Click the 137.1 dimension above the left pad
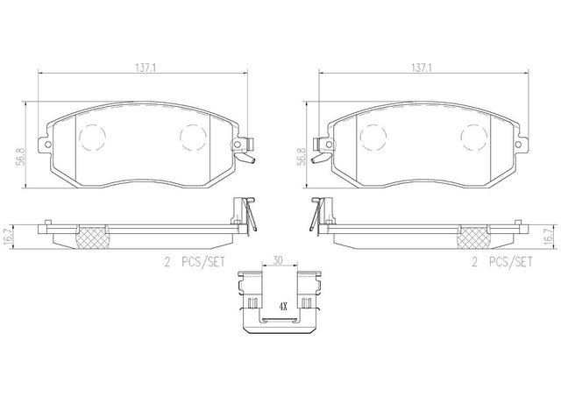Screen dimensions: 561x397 [145, 67]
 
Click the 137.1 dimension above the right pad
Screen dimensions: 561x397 [422, 67]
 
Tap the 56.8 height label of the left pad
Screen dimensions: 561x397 [21, 157]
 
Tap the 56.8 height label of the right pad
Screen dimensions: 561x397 [302, 157]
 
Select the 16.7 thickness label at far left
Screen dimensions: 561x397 [10, 237]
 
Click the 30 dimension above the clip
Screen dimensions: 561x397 [278, 260]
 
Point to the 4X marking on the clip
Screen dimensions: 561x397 [283, 307]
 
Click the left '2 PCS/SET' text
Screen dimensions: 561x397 [195, 262]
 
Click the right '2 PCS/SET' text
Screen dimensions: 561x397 [502, 262]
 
